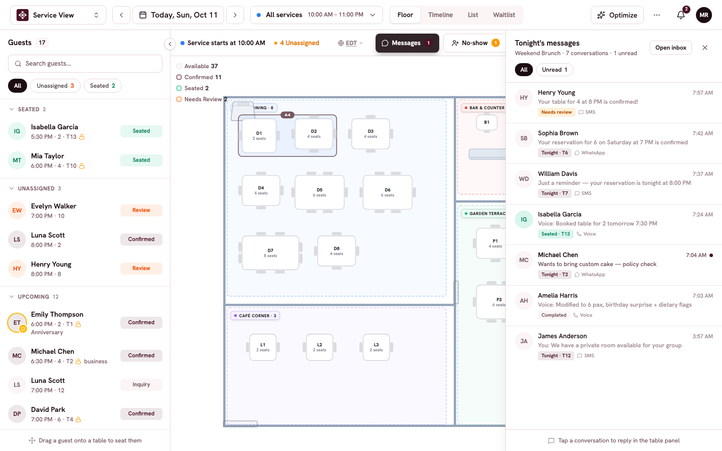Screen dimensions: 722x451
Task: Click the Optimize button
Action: click(x=617, y=15)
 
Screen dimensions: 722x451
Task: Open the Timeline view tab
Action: click(x=440, y=15)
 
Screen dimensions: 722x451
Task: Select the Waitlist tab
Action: click(x=504, y=15)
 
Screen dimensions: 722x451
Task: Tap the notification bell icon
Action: click(x=680, y=15)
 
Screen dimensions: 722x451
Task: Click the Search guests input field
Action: click(x=85, y=64)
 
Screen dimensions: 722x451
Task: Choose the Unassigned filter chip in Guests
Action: click(x=55, y=86)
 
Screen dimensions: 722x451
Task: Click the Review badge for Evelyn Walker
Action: click(x=141, y=210)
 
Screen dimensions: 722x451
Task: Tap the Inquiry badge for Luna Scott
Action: click(x=141, y=384)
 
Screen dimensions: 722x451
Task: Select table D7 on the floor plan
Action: click(x=270, y=253)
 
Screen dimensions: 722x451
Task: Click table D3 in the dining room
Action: click(x=371, y=134)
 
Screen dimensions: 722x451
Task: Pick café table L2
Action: click(x=319, y=347)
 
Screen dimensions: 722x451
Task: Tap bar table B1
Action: click(x=487, y=122)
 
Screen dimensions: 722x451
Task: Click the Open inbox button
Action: click(x=671, y=48)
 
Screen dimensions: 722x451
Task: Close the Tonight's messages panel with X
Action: click(x=705, y=48)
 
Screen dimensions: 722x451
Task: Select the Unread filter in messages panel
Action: click(x=555, y=70)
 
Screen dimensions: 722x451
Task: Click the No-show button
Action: click(x=474, y=43)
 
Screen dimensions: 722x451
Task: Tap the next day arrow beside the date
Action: click(x=235, y=15)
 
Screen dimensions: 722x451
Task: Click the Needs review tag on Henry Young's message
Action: click(x=557, y=112)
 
